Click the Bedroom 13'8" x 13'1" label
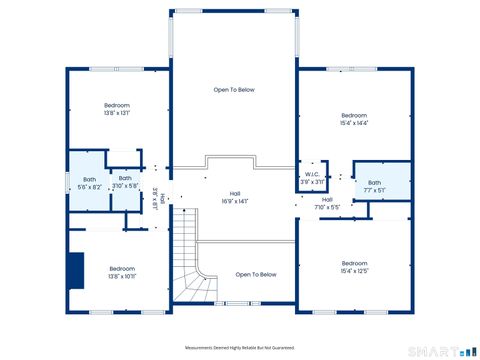118,109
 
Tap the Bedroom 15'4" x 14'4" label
354,119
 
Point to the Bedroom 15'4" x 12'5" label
354,267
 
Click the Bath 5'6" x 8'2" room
89,183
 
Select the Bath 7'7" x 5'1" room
374,186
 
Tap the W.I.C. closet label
313,178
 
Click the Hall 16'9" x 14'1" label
235,197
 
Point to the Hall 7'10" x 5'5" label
327,203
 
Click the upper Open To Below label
234,90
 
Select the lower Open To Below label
256,274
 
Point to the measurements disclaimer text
233,347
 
